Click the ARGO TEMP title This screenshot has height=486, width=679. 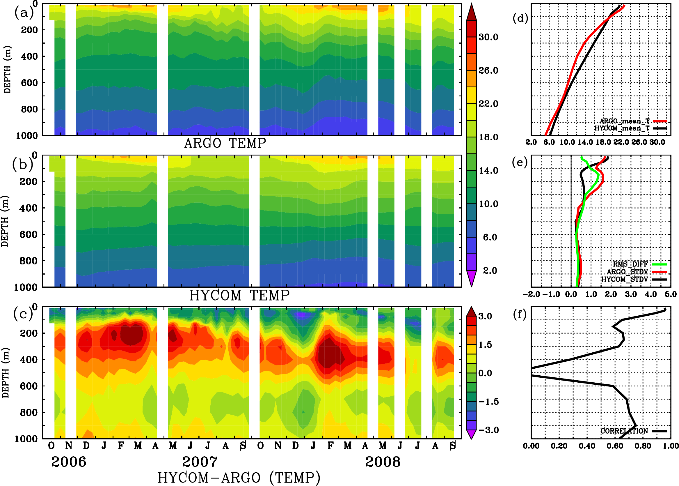pos(225,143)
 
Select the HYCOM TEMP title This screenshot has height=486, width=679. pos(239,295)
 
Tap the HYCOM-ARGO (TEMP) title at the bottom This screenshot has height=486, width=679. pos(239,478)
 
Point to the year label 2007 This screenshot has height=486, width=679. pos(200,462)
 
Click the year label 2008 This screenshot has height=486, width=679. pos(382,462)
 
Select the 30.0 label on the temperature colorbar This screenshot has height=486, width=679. pos(488,37)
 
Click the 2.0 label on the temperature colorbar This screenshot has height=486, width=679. pos(490,271)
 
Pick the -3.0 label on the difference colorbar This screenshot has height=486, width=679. pos(488,430)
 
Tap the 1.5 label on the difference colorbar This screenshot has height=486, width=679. pos(485,345)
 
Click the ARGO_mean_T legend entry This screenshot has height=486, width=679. pos(625,121)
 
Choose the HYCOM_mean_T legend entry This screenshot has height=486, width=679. pos(622,128)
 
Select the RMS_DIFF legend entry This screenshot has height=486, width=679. pos(630,264)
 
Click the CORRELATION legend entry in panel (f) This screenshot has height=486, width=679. pos(624,431)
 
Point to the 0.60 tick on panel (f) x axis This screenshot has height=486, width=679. pos(615,446)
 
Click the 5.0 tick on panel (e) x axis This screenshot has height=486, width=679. pos(670,294)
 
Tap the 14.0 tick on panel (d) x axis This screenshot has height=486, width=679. pos(585,142)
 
